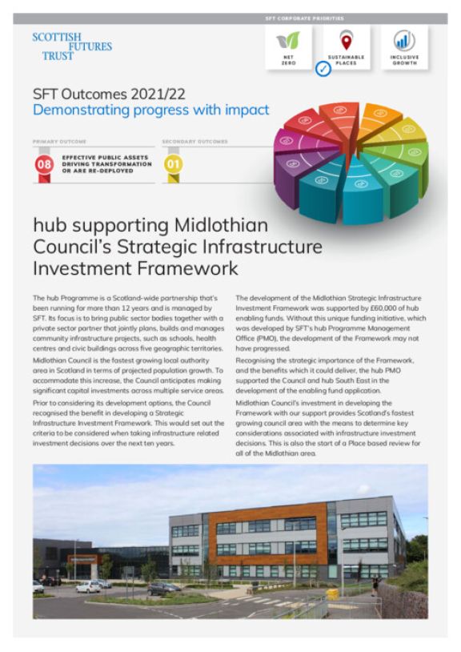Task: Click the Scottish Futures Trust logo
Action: (71, 47)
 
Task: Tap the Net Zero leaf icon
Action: (287, 41)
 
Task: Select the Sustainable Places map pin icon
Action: (346, 41)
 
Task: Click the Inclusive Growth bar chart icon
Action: (404, 41)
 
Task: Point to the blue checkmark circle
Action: (323, 70)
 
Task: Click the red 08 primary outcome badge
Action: (45, 165)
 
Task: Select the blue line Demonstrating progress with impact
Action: (150, 110)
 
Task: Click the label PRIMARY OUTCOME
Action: (58, 141)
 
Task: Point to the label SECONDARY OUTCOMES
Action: (194, 141)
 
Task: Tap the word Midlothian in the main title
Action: (215, 226)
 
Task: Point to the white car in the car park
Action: (89, 586)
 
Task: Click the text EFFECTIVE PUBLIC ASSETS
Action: (94, 158)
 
